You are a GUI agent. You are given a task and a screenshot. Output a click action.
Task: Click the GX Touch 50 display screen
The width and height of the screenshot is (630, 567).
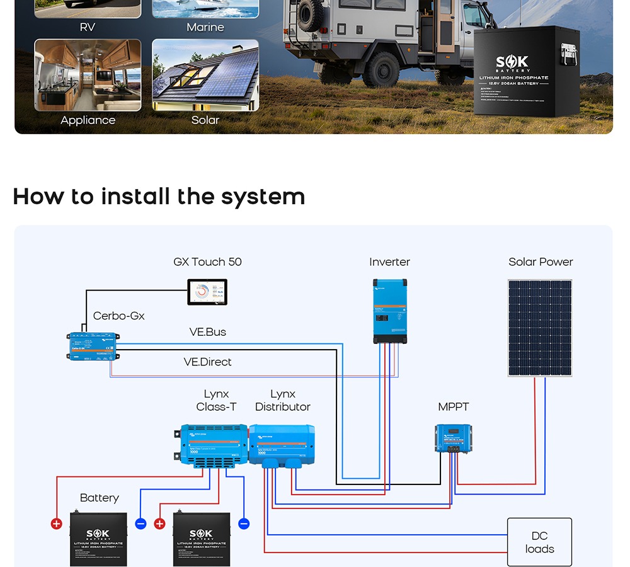point(207,292)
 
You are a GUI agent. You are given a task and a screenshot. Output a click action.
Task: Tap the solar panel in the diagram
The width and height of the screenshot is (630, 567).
point(540,328)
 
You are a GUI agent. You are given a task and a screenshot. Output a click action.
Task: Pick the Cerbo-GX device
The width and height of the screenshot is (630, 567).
point(93,346)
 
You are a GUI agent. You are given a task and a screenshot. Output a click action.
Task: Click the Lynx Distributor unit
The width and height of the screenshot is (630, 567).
point(282,445)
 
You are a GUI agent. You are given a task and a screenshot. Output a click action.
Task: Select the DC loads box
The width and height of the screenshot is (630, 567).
point(539,542)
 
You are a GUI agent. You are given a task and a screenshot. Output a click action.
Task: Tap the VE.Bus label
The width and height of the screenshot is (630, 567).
point(207,332)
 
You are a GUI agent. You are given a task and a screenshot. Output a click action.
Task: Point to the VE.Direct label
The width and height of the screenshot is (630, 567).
point(207,362)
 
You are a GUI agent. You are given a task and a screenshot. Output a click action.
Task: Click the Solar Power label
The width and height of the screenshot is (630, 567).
point(541,262)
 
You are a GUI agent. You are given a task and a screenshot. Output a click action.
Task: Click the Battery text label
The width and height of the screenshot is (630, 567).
point(100,498)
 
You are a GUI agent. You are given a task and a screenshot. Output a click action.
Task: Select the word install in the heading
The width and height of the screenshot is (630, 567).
point(135,197)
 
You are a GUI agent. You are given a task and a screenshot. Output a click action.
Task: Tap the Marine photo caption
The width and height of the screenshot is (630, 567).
point(205,28)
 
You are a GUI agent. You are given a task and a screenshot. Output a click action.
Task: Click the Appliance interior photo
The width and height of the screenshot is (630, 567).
point(88,75)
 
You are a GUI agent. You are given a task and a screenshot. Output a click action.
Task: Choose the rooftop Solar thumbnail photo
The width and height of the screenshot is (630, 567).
point(205,75)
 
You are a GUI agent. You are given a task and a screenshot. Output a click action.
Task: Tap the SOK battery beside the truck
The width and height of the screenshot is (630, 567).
point(527,71)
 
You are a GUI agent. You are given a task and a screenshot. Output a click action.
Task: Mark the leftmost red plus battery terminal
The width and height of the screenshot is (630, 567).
point(57,524)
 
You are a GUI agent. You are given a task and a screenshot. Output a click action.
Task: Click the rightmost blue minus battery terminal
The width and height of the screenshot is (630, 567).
point(244,524)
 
